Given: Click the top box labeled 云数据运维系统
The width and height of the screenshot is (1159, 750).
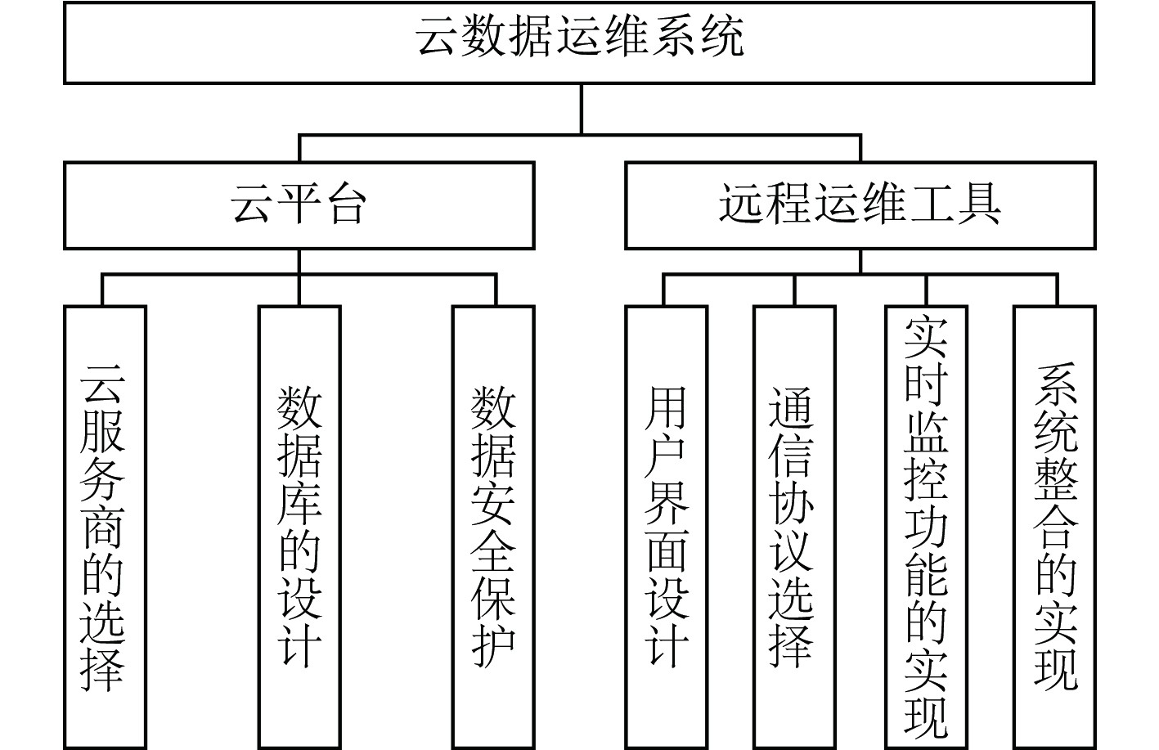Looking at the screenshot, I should pyautogui.click(x=578, y=43).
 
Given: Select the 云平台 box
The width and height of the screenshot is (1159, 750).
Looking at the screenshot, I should pyautogui.click(x=299, y=205).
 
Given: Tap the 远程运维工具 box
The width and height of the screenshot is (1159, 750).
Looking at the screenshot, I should pyautogui.click(x=860, y=205).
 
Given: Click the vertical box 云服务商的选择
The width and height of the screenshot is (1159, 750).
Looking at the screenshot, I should pyautogui.click(x=105, y=528).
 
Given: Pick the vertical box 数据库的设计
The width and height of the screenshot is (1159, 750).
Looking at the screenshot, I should pyautogui.click(x=299, y=528).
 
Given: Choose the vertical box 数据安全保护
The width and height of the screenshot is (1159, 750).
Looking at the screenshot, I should pyautogui.click(x=493, y=528).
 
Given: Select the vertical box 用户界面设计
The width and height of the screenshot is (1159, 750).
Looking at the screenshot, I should pyautogui.click(x=666, y=528).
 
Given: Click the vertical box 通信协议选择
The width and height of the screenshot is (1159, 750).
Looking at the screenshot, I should pyautogui.click(x=794, y=528).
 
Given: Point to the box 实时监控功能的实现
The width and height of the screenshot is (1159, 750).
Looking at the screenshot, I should pyautogui.click(x=926, y=528).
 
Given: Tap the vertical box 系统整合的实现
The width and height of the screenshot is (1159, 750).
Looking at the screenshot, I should pyautogui.click(x=1054, y=528).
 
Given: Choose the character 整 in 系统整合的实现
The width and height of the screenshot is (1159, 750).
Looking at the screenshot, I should pyautogui.click(x=1055, y=479).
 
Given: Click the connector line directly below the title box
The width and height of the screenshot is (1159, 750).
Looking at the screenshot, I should pyautogui.click(x=582, y=109).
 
